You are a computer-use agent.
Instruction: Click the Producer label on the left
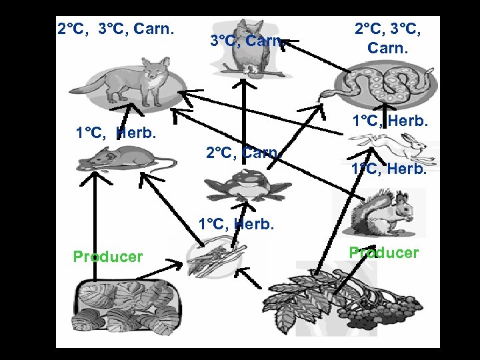tap(107, 257)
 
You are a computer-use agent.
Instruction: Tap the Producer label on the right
tap(384, 253)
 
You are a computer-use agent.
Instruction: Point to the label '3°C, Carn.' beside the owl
tap(247, 41)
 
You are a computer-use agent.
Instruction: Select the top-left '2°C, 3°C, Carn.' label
tap(115, 29)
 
